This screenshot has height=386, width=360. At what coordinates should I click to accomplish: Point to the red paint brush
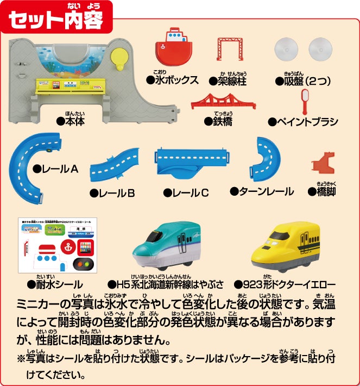(x=305, y=101)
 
